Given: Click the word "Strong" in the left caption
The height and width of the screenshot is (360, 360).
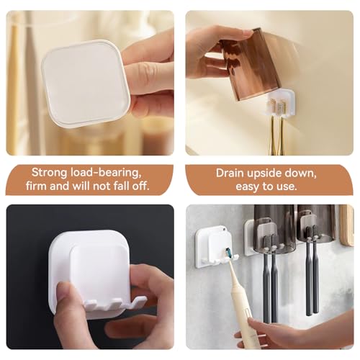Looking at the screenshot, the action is pos(49,173).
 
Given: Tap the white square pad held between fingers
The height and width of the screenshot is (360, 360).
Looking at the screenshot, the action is pos(85,83).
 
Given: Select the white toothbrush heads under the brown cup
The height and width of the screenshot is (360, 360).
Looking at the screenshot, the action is pos(276,106).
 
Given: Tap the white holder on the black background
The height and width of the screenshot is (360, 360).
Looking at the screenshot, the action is pos(90,274).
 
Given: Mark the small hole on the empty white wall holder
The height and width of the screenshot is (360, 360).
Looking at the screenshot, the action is pos(225,230).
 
